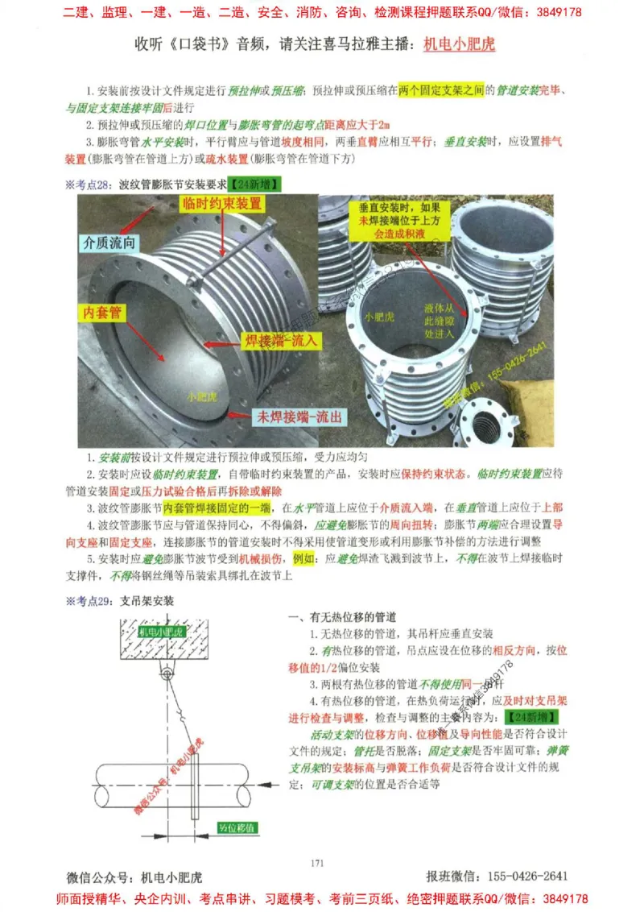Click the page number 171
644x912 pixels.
316,864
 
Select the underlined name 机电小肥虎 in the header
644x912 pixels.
459,44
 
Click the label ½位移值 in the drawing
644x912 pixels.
237,827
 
